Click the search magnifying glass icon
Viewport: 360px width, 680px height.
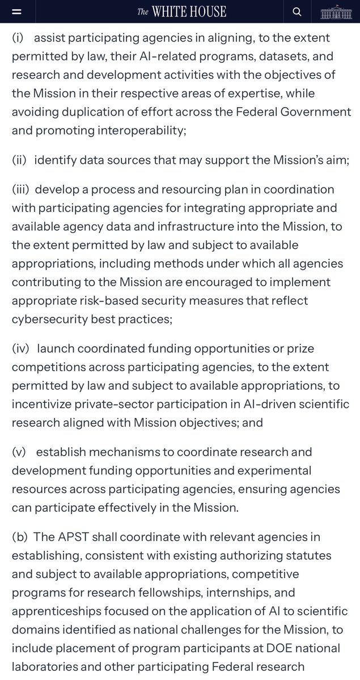(297, 11)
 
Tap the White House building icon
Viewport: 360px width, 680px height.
(336, 12)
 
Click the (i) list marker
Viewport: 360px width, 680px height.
(18, 39)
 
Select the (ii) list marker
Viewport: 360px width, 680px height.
(20, 160)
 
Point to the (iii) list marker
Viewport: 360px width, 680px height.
(22, 189)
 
